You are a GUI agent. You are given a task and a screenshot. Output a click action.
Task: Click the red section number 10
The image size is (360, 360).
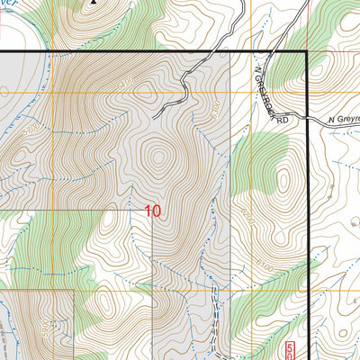(x=153, y=211)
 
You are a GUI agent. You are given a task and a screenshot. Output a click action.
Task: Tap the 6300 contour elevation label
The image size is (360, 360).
(x=214, y=112)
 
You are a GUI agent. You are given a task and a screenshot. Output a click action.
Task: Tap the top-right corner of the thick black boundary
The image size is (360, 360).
(x=308, y=54)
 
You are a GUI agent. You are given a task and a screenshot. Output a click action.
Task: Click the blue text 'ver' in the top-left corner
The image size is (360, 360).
(x=9, y=4)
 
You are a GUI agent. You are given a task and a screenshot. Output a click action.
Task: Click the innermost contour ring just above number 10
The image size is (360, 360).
(x=159, y=160)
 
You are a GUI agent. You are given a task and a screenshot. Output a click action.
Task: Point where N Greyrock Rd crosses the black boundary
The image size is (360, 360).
(x=308, y=121)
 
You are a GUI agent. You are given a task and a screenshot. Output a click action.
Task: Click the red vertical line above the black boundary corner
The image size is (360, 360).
(x=308, y=22)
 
